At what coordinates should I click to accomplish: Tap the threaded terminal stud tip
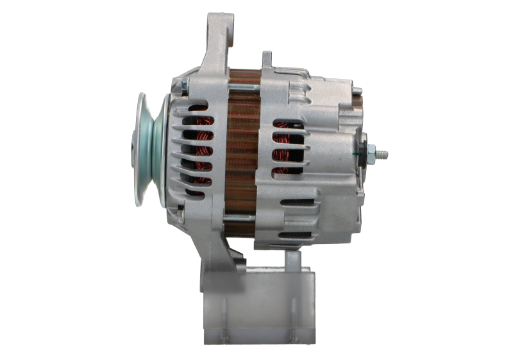386,154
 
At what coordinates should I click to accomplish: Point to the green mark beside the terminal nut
357,155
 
